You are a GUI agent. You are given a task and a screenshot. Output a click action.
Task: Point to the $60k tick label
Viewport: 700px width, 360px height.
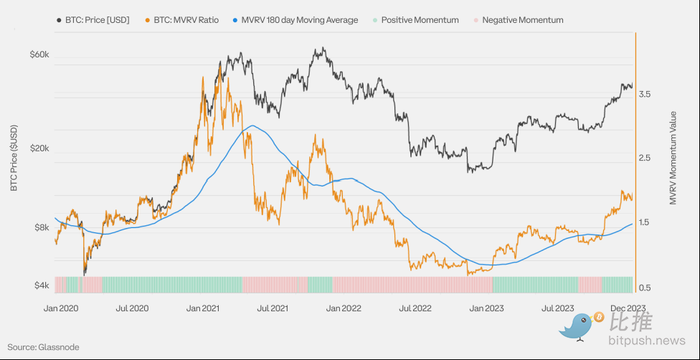(x=39, y=55)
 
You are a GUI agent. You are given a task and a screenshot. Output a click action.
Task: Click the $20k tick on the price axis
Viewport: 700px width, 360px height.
(x=39, y=148)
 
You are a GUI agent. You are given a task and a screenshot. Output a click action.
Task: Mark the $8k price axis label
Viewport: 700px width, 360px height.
(x=41, y=228)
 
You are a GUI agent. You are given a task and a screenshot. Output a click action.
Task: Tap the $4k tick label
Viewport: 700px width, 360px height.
(x=41, y=285)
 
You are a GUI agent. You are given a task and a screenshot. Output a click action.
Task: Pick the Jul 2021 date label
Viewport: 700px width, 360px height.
(x=273, y=308)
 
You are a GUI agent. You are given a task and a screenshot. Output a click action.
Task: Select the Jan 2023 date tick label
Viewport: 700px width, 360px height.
(x=484, y=308)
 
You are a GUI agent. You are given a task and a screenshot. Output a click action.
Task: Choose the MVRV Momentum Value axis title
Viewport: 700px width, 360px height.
(x=673, y=158)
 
